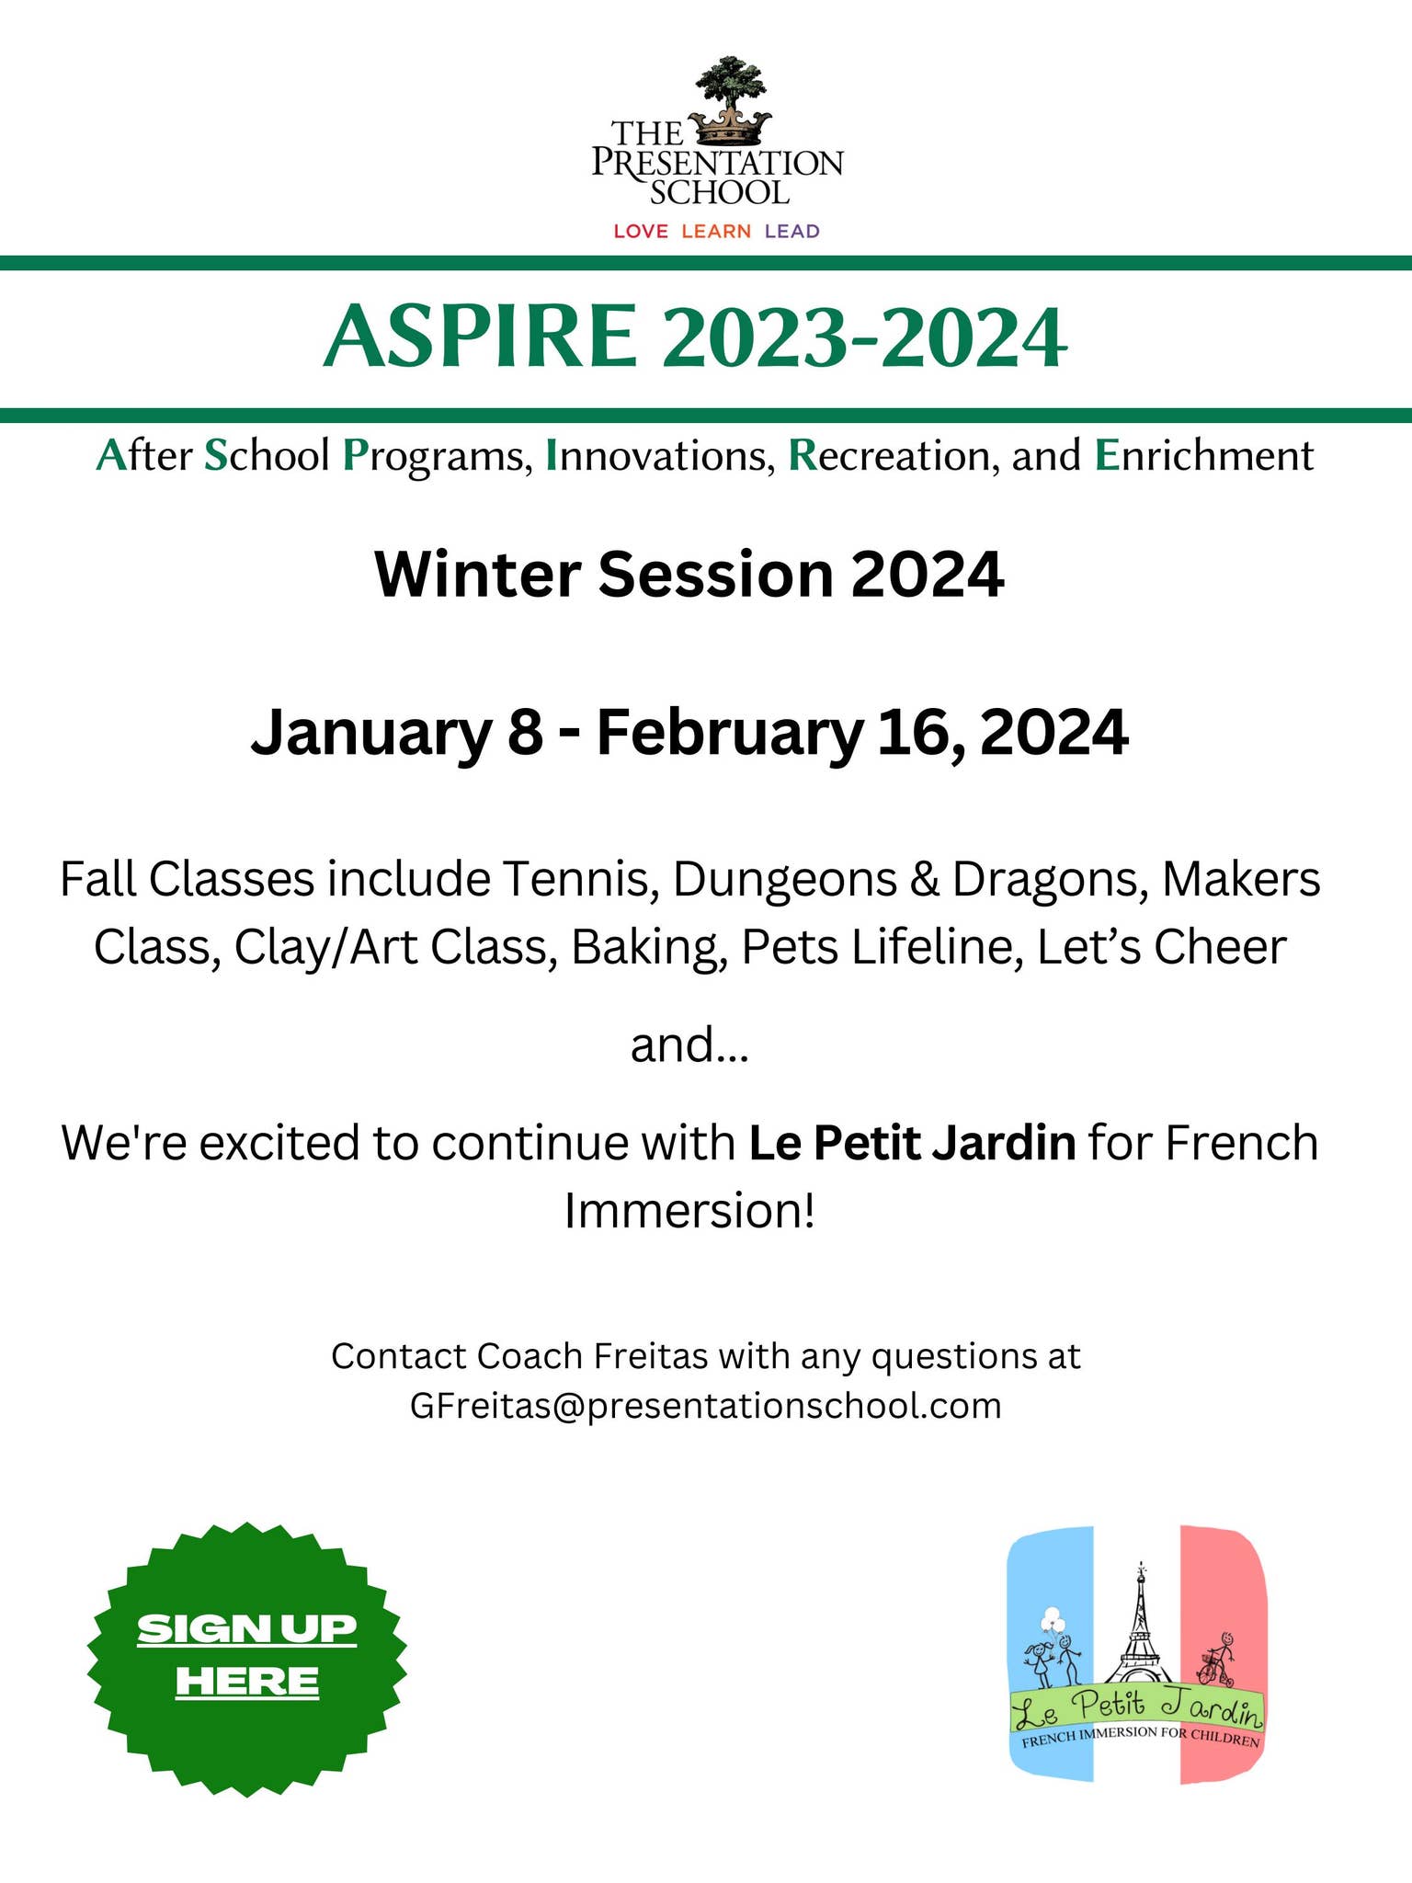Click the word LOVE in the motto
[641, 231]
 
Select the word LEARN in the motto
[716, 231]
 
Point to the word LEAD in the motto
[791, 231]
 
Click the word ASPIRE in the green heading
[480, 337]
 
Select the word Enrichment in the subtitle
[1203, 456]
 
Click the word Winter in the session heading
[477, 575]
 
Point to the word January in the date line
[370, 734]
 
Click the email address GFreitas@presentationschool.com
[705, 1406]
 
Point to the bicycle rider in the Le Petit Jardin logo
[1217, 1660]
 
